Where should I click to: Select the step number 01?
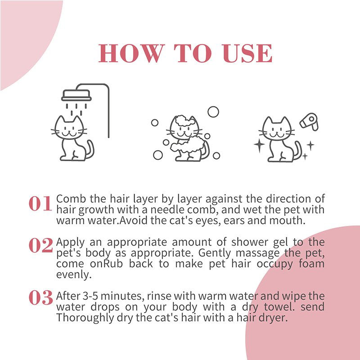pyautogui.click(x=40, y=204)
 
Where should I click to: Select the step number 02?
pyautogui.click(x=40, y=245)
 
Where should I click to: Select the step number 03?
pyautogui.click(x=40, y=298)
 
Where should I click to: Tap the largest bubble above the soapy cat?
pyautogui.click(x=213, y=112)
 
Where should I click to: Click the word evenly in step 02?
pyautogui.click(x=70, y=274)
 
